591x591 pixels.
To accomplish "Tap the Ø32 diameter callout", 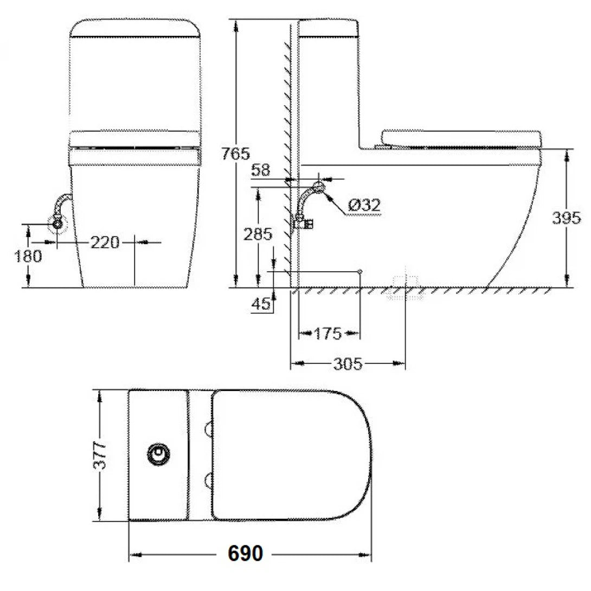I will tap(364, 205).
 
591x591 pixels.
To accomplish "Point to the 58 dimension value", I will tap(261, 170).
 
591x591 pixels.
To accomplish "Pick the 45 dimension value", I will tap(261, 305).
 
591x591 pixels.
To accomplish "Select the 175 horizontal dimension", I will tap(328, 333).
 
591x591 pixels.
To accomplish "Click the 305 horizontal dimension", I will tap(347, 364).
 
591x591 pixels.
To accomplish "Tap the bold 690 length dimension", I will tap(245, 554).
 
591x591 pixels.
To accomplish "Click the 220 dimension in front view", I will tap(104, 242).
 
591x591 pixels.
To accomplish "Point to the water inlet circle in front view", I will tap(57, 222).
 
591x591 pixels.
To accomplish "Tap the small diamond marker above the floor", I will tap(359, 271).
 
